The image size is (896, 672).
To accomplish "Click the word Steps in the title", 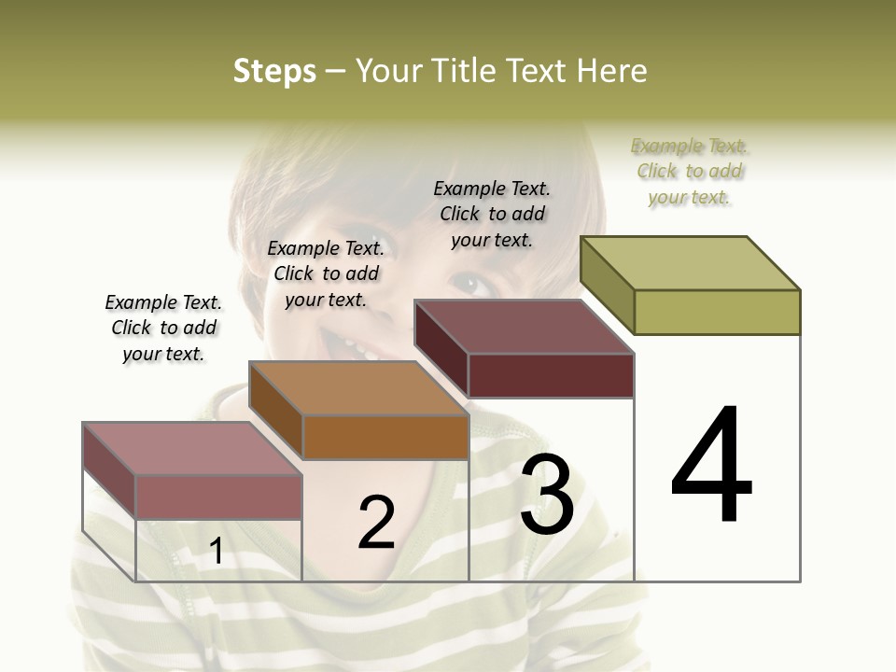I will coord(274,71).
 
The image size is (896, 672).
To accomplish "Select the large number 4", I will coord(711,466).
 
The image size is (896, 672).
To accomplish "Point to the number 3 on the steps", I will coord(547,495).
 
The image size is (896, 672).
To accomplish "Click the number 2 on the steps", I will coord(377,523).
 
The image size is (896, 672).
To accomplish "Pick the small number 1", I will coord(217,552).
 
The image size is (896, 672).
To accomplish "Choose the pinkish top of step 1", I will coord(192,449).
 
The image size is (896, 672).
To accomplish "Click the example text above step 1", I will coord(163,329).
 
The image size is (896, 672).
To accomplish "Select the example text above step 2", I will coord(326,273).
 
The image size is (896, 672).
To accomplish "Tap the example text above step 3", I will coord(492,214).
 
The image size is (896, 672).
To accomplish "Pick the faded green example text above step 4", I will coord(690,171).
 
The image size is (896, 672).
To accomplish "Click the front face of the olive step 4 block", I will coord(717,312).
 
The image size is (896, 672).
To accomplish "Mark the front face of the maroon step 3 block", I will coord(551,375).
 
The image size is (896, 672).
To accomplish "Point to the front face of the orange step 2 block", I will coord(385,437).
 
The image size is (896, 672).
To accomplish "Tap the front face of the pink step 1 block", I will coord(218,497).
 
